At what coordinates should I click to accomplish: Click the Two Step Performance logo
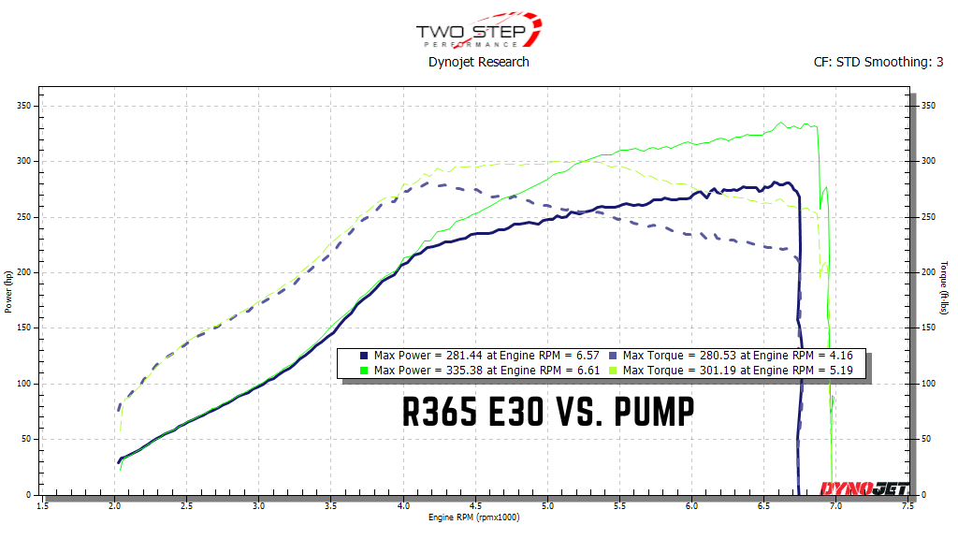(x=478, y=31)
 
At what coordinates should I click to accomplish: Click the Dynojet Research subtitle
(x=478, y=62)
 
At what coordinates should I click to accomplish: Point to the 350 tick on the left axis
(x=24, y=107)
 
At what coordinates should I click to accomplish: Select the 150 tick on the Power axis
(x=24, y=328)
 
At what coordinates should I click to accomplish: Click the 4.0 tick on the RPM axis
(x=402, y=506)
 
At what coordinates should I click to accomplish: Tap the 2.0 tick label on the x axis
(x=114, y=506)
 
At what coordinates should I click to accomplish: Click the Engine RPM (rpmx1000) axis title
(x=473, y=517)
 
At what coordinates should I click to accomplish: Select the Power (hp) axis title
(x=7, y=291)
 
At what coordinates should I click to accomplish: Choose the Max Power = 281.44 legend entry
(x=471, y=356)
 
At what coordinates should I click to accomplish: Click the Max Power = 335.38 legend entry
(x=471, y=371)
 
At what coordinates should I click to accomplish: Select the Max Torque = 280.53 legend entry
(x=734, y=356)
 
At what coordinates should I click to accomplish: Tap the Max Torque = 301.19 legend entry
(x=734, y=371)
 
